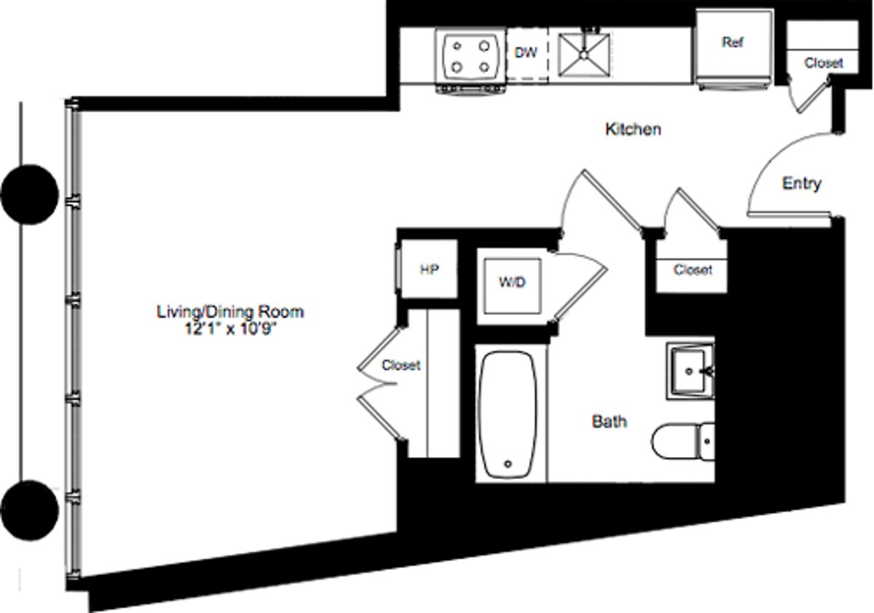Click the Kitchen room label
tap(633, 129)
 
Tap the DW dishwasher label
tap(526, 52)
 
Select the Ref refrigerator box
tap(734, 49)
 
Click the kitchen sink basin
tap(583, 54)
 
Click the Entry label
tap(802, 183)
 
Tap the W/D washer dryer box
tap(512, 285)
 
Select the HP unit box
tap(429, 269)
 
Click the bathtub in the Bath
tap(508, 415)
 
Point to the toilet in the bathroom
tap(683, 442)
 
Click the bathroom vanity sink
tap(690, 371)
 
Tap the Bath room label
tap(609, 422)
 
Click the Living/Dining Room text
tap(230, 312)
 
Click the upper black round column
tap(30, 194)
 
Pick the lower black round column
tap(30, 510)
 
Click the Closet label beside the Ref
tap(823, 63)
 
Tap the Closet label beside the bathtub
tap(401, 365)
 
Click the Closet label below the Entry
tap(693, 269)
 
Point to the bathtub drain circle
tap(508, 464)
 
